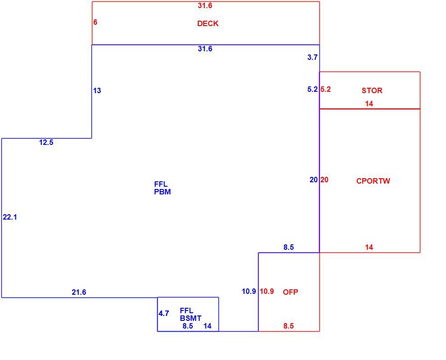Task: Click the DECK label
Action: click(208, 23)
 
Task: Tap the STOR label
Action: click(372, 90)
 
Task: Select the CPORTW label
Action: click(373, 181)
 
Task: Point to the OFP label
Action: click(291, 292)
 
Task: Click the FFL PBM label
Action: click(163, 188)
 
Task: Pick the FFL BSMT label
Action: click(191, 314)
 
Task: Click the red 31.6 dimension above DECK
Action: click(205, 6)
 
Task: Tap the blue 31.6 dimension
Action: click(205, 49)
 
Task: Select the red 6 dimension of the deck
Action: click(96, 22)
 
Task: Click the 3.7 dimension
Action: click(312, 58)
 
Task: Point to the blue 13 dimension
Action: click(97, 90)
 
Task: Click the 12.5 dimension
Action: click(46, 142)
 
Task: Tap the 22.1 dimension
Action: click(10, 217)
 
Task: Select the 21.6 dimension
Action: click(79, 292)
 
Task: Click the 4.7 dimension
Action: click(164, 313)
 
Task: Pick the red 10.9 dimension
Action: click(267, 291)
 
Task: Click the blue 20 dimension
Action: click(314, 180)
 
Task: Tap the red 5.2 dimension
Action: click(326, 89)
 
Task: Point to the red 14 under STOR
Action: click(369, 103)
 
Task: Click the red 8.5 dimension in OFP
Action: click(288, 326)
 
